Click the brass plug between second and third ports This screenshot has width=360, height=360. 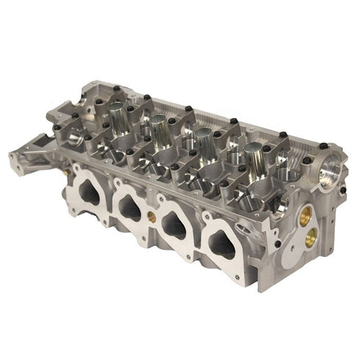(151, 217)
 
